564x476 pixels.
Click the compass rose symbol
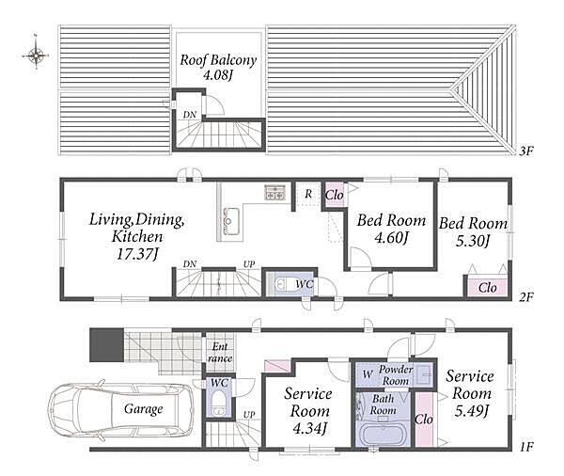(x=36, y=56)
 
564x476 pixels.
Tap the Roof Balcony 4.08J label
(x=218, y=68)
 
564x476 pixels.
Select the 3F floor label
(x=525, y=151)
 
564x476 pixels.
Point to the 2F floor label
(x=525, y=297)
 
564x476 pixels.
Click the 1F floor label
(x=525, y=447)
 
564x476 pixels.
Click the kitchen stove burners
(x=275, y=192)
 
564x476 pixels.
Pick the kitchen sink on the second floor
(x=231, y=221)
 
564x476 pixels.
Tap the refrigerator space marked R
(x=308, y=194)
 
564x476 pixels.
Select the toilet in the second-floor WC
(x=287, y=283)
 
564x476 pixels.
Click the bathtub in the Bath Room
(x=383, y=435)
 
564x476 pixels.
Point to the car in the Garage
(x=121, y=409)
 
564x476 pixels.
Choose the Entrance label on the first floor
(x=220, y=353)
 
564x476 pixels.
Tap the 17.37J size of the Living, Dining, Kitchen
(x=137, y=254)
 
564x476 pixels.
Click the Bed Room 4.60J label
(x=391, y=229)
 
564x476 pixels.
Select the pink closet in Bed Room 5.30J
(x=487, y=287)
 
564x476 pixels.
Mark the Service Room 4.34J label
(x=308, y=410)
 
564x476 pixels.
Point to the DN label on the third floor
(x=190, y=115)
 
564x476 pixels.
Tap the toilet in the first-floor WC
(x=218, y=405)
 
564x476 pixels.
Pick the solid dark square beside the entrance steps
(x=106, y=344)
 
